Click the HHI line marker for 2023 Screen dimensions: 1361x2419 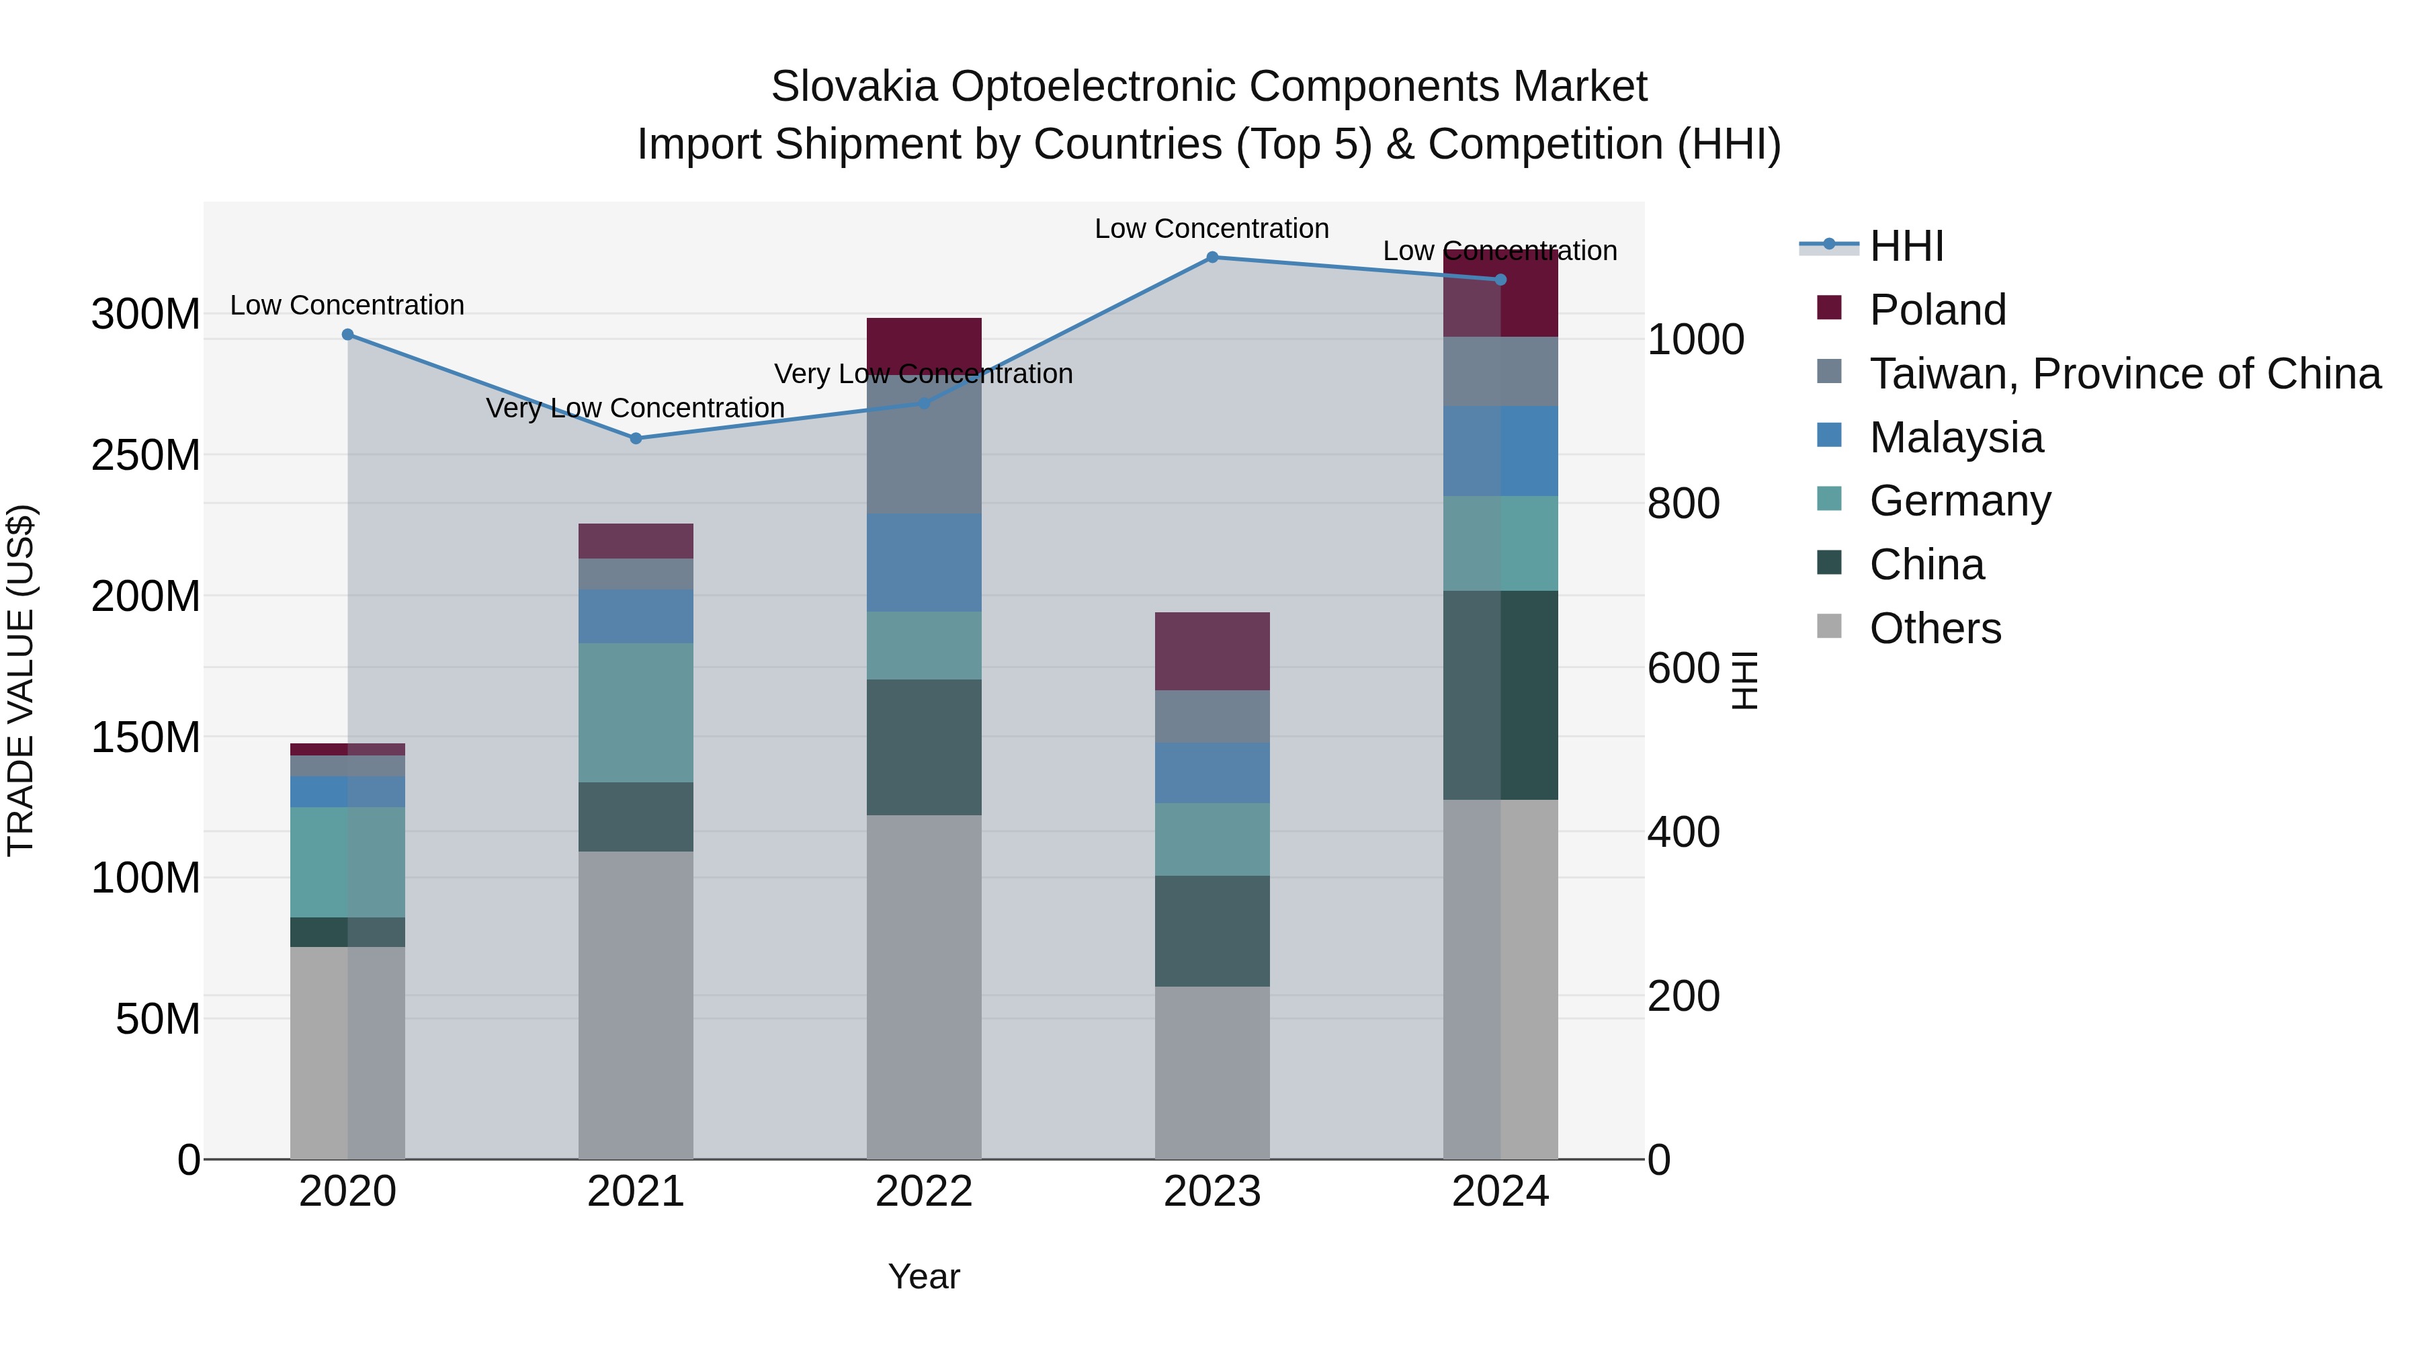point(1212,257)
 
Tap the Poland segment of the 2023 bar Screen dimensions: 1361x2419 point(1212,651)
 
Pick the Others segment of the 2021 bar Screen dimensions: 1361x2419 point(636,1005)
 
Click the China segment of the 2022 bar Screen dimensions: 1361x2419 point(924,747)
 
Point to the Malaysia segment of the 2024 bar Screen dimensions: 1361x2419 point(1500,451)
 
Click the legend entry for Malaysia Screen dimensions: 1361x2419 point(1955,438)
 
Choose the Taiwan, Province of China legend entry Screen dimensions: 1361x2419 point(2124,374)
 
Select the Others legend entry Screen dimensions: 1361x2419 point(1935,628)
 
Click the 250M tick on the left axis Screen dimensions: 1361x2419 point(146,456)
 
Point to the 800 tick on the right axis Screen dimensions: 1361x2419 point(1683,503)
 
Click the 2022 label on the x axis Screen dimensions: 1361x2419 point(924,1192)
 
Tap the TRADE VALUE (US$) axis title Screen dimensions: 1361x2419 point(21,680)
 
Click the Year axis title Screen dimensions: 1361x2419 point(924,1276)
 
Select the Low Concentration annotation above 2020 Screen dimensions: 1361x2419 point(347,305)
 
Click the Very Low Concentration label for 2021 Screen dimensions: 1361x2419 point(636,408)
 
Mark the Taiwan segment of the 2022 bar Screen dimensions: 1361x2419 point(924,451)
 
